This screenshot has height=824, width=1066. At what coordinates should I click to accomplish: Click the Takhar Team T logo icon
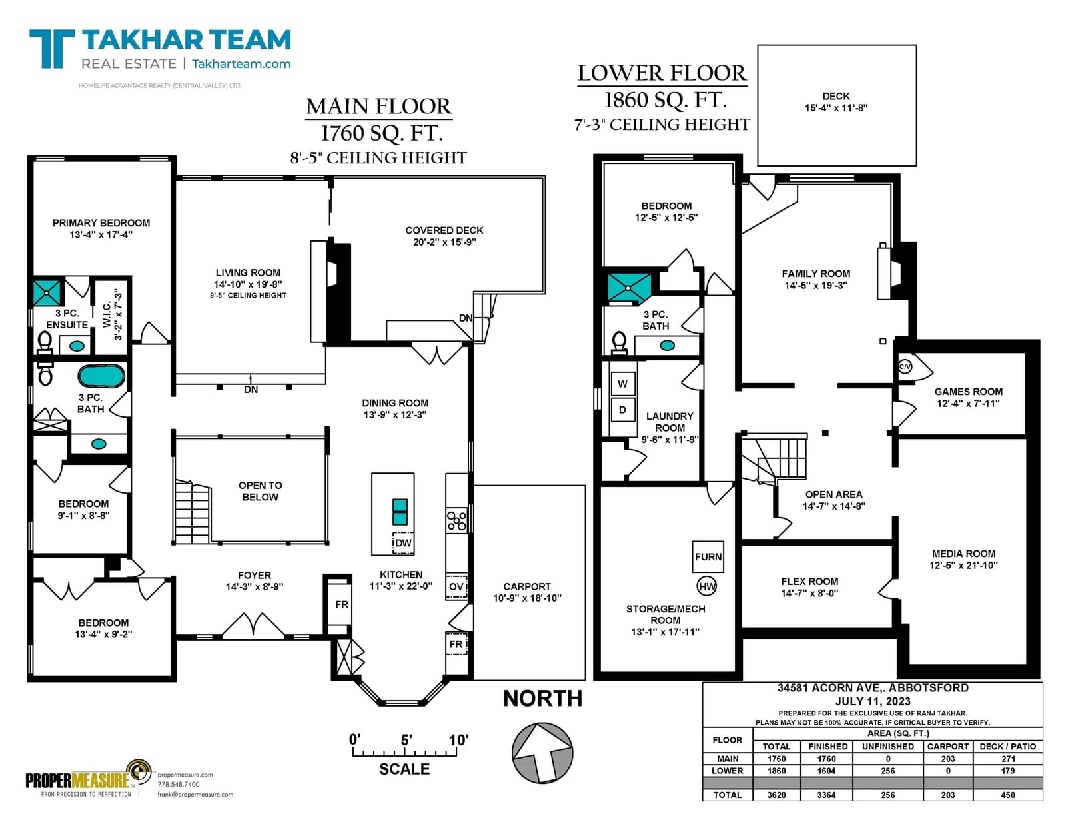(52, 49)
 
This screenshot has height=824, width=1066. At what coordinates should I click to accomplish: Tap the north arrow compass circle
(542, 753)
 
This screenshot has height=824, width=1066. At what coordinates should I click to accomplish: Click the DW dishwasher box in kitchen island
(403, 543)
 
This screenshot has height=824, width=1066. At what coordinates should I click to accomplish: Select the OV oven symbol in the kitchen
(456, 586)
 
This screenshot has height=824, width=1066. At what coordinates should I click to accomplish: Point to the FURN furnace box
(708, 557)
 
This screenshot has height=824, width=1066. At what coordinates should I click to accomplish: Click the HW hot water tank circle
(706, 586)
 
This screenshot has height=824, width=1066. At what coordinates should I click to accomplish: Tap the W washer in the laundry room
(622, 384)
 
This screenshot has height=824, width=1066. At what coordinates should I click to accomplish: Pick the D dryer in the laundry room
(622, 410)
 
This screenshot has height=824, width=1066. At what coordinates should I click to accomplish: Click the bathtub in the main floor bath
(101, 376)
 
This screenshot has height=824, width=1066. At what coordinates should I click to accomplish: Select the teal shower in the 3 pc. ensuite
(47, 293)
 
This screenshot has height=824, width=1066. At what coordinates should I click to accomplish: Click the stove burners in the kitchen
(456, 520)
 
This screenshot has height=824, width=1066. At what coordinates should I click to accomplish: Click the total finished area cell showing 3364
(827, 795)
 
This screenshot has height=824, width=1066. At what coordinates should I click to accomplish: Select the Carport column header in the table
(948, 747)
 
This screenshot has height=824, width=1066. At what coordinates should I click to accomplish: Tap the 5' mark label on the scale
(406, 739)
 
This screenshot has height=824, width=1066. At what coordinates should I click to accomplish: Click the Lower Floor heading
(662, 73)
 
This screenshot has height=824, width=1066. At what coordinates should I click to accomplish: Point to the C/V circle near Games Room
(905, 366)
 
